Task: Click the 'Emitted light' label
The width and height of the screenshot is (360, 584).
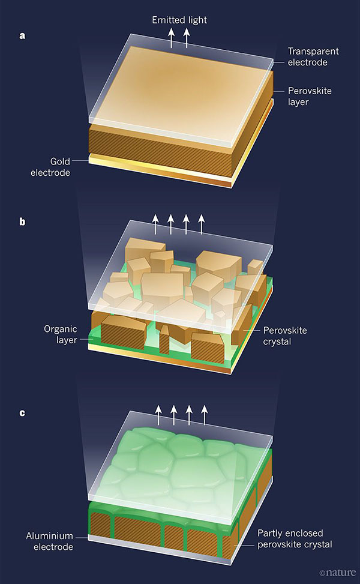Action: click(179, 20)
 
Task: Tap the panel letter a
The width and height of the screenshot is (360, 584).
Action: click(22, 36)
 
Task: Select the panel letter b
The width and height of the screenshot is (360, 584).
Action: click(22, 221)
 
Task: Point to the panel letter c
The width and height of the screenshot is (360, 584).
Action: click(22, 413)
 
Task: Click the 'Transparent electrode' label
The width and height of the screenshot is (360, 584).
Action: click(313, 56)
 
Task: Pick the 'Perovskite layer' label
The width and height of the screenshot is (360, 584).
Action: click(310, 96)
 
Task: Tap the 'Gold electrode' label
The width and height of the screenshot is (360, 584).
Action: click(50, 167)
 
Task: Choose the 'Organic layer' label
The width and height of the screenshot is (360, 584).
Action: click(61, 334)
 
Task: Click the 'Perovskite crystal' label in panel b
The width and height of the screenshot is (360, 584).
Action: click(285, 336)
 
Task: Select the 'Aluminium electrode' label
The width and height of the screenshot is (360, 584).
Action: click(50, 541)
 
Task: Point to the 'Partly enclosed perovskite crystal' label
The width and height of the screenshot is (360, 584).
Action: click(295, 538)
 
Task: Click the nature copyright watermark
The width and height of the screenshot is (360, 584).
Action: click(337, 573)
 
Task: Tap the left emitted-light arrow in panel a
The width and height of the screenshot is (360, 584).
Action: click(171, 38)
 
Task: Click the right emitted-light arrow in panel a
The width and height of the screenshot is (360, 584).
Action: click(187, 38)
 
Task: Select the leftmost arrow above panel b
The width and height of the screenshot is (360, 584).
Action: click(155, 224)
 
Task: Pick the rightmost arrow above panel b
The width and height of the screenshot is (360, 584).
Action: click(202, 224)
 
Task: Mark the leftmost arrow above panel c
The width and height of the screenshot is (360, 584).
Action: click(158, 415)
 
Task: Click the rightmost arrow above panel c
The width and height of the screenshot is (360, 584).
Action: click(205, 415)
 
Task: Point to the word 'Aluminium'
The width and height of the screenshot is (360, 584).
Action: click(50, 536)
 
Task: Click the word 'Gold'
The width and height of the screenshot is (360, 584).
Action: click(60, 161)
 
